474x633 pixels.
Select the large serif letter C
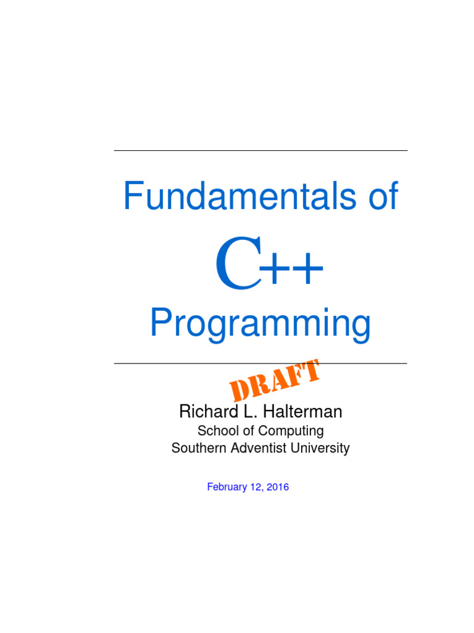pyautogui.click(x=238, y=266)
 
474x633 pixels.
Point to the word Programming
pyautogui.click(x=260, y=325)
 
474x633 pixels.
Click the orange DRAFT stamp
pyautogui.click(x=275, y=380)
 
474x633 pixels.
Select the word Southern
pyautogui.click(x=195, y=448)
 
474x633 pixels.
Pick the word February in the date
pyautogui.click(x=228, y=487)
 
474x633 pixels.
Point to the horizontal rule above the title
pyautogui.click(x=260, y=151)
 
